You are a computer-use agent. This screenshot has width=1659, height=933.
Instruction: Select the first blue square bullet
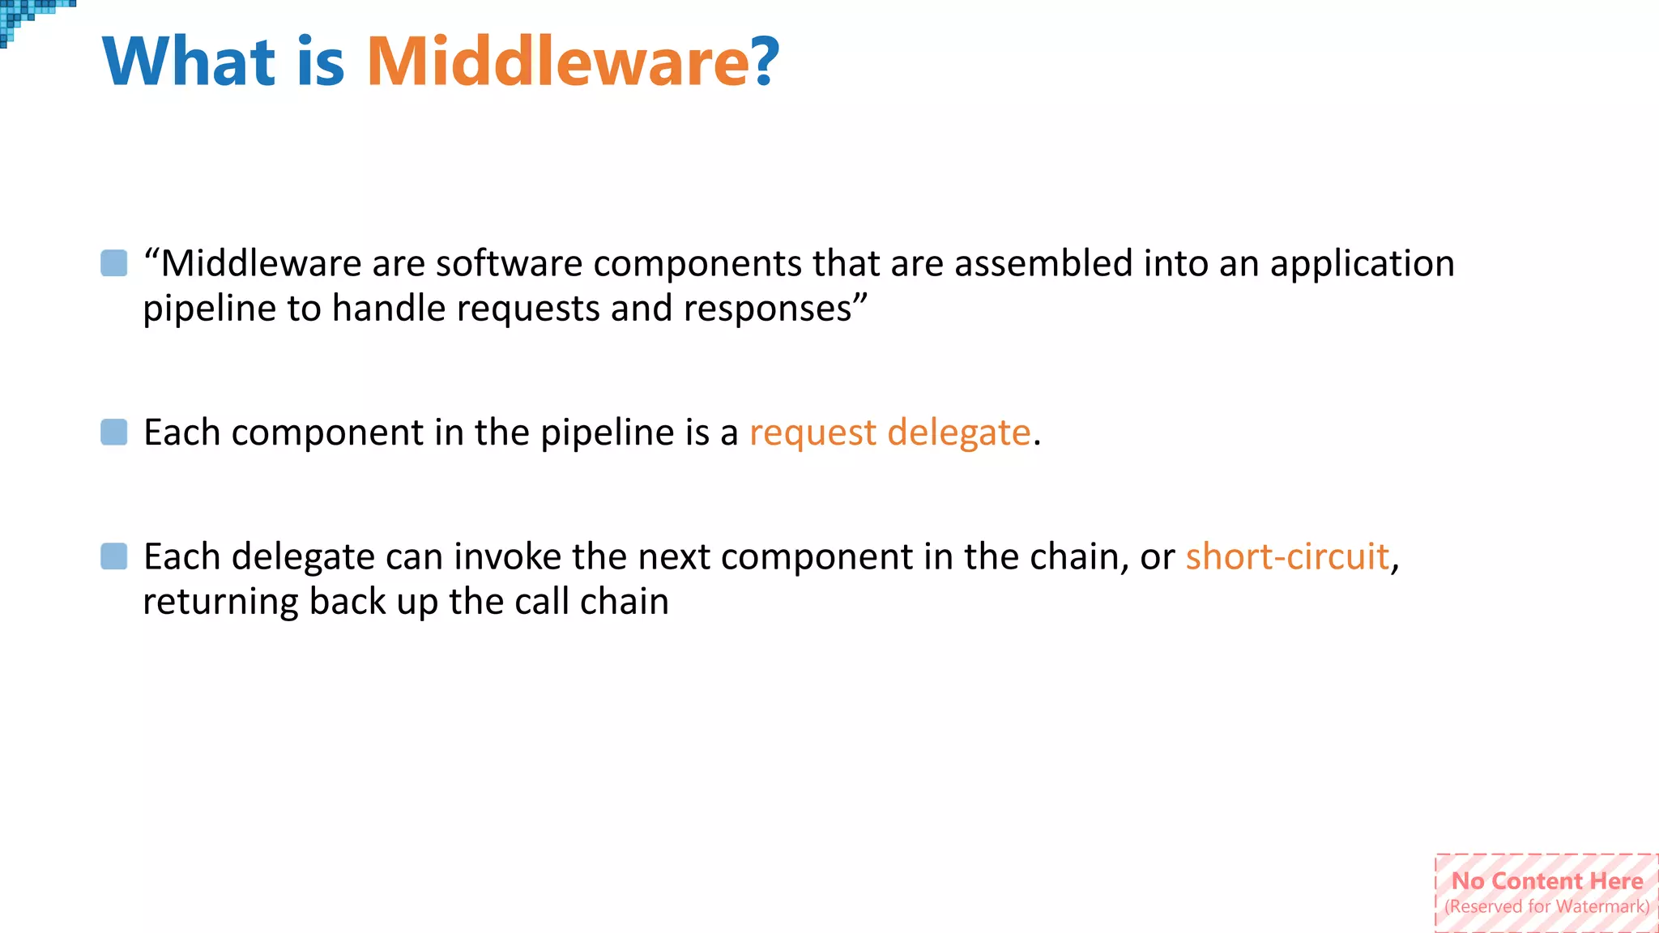pos(114,263)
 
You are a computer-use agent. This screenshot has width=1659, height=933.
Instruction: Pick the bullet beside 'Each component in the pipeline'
pos(114,432)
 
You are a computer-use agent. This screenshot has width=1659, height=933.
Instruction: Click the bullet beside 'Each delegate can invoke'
pos(114,556)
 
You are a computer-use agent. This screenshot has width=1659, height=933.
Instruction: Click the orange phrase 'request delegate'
pos(889,432)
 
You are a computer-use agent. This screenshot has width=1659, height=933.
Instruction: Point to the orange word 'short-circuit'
pos(1287,557)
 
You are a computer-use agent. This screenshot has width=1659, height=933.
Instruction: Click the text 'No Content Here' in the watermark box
pos(1547,881)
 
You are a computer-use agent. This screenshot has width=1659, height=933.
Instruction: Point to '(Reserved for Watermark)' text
pos(1547,907)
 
